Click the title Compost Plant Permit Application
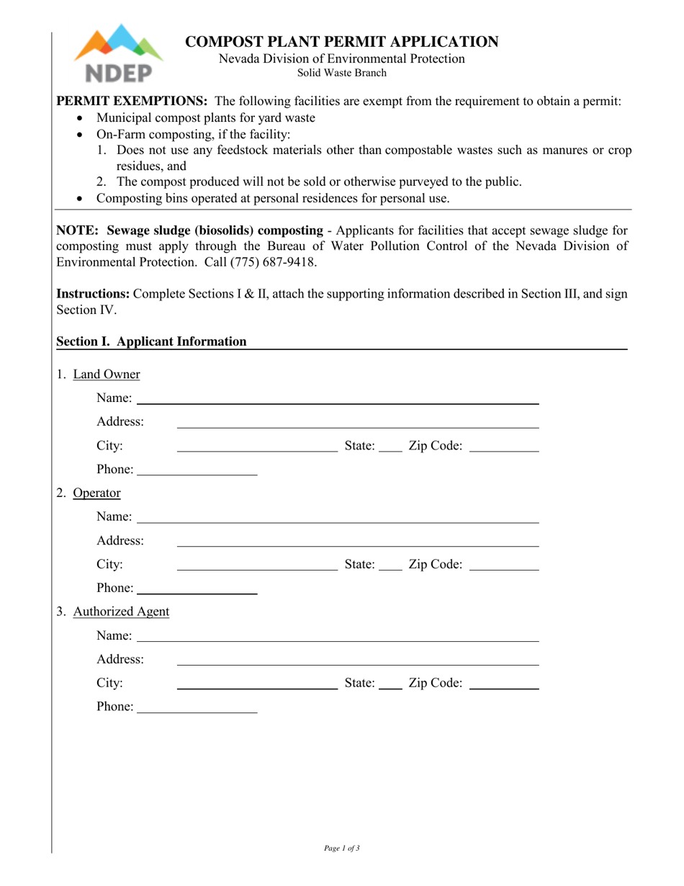coord(342,42)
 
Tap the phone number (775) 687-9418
coord(273,262)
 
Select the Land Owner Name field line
coord(337,403)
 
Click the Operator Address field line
coord(358,545)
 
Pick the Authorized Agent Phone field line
coord(197,712)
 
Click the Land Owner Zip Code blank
coord(503,450)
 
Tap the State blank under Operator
coord(390,569)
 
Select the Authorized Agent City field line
coord(257,688)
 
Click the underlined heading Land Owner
coord(107,375)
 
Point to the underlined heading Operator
coord(97,493)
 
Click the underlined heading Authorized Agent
coord(121,612)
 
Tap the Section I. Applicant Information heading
coord(151,341)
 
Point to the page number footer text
coord(342,849)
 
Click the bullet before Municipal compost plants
coord(80,118)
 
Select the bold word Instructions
coord(93,294)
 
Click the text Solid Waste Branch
coord(342,73)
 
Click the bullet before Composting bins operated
coord(80,199)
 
